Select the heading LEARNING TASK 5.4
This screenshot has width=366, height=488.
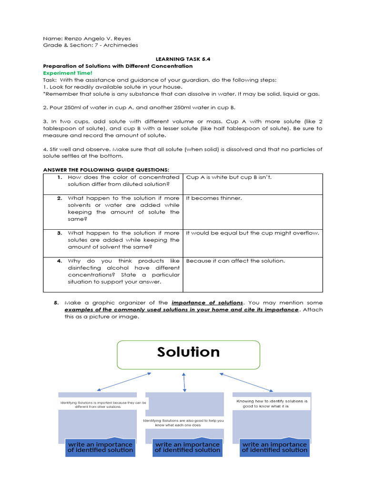click(183, 59)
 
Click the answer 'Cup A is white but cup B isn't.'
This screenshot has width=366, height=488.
click(229, 177)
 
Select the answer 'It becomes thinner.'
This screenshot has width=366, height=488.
click(214, 198)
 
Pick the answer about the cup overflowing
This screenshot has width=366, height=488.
click(252, 233)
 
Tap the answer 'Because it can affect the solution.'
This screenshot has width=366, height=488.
click(235, 261)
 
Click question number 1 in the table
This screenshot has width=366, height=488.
click(60, 177)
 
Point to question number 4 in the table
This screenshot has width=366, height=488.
click(60, 261)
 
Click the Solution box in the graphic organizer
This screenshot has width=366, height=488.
click(188, 355)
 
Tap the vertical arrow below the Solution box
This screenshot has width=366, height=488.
click(184, 382)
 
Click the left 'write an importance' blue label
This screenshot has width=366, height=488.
click(100, 447)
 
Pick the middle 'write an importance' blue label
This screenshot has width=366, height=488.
click(187, 447)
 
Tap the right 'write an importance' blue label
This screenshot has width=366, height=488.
click(274, 447)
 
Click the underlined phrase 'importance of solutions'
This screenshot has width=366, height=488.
click(207, 303)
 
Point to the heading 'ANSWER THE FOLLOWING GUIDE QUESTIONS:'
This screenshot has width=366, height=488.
click(106, 170)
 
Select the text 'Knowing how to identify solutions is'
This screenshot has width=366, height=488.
click(272, 401)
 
